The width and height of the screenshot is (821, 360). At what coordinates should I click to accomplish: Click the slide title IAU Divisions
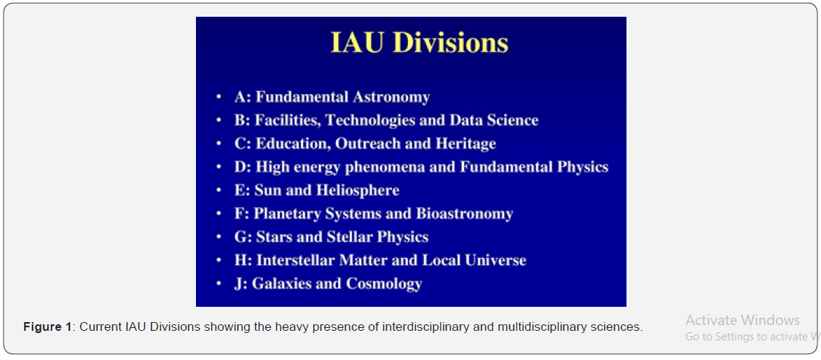pos(420,43)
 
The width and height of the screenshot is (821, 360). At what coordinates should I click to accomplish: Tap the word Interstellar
pos(293,260)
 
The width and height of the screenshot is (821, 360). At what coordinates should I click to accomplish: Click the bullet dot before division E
pos(219,191)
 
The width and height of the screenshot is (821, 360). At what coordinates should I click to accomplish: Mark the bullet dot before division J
pos(219,284)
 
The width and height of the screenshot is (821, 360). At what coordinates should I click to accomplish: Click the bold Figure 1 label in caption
pos(47,327)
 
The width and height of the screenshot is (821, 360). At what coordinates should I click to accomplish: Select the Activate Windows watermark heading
pos(743,320)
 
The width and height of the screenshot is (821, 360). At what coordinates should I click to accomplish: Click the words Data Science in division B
pos(494,120)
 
